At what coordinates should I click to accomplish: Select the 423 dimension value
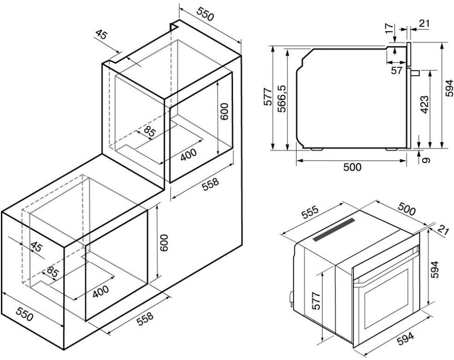[424, 104]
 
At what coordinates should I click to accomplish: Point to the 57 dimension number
[396, 70]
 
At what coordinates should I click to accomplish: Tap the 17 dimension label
[390, 28]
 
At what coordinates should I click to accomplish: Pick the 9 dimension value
[426, 160]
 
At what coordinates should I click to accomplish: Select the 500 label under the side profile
[352, 167]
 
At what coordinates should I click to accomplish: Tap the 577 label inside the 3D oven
[317, 301]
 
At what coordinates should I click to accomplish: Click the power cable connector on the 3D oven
[290, 298]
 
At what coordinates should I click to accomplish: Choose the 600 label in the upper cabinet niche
[224, 111]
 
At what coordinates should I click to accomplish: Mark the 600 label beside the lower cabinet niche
[164, 242]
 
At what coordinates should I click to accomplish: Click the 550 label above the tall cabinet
[205, 14]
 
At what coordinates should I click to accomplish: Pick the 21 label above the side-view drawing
[424, 23]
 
